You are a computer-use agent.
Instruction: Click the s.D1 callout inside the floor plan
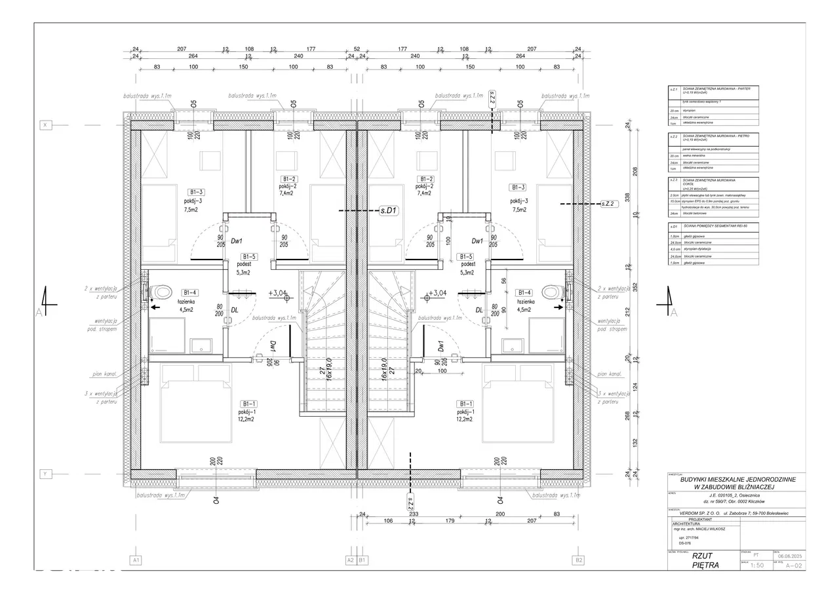389,211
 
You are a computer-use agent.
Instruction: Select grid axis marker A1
136,560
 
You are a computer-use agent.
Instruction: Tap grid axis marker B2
578,560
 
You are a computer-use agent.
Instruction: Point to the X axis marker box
46,124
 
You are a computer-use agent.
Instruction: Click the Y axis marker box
46,473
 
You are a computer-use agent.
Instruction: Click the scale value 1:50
756,565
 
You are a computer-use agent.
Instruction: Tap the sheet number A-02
794,565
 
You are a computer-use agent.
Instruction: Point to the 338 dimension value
627,196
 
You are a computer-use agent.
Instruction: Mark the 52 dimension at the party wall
357,48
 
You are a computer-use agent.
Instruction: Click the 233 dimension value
414,514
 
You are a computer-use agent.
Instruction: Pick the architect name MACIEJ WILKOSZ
715,531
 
